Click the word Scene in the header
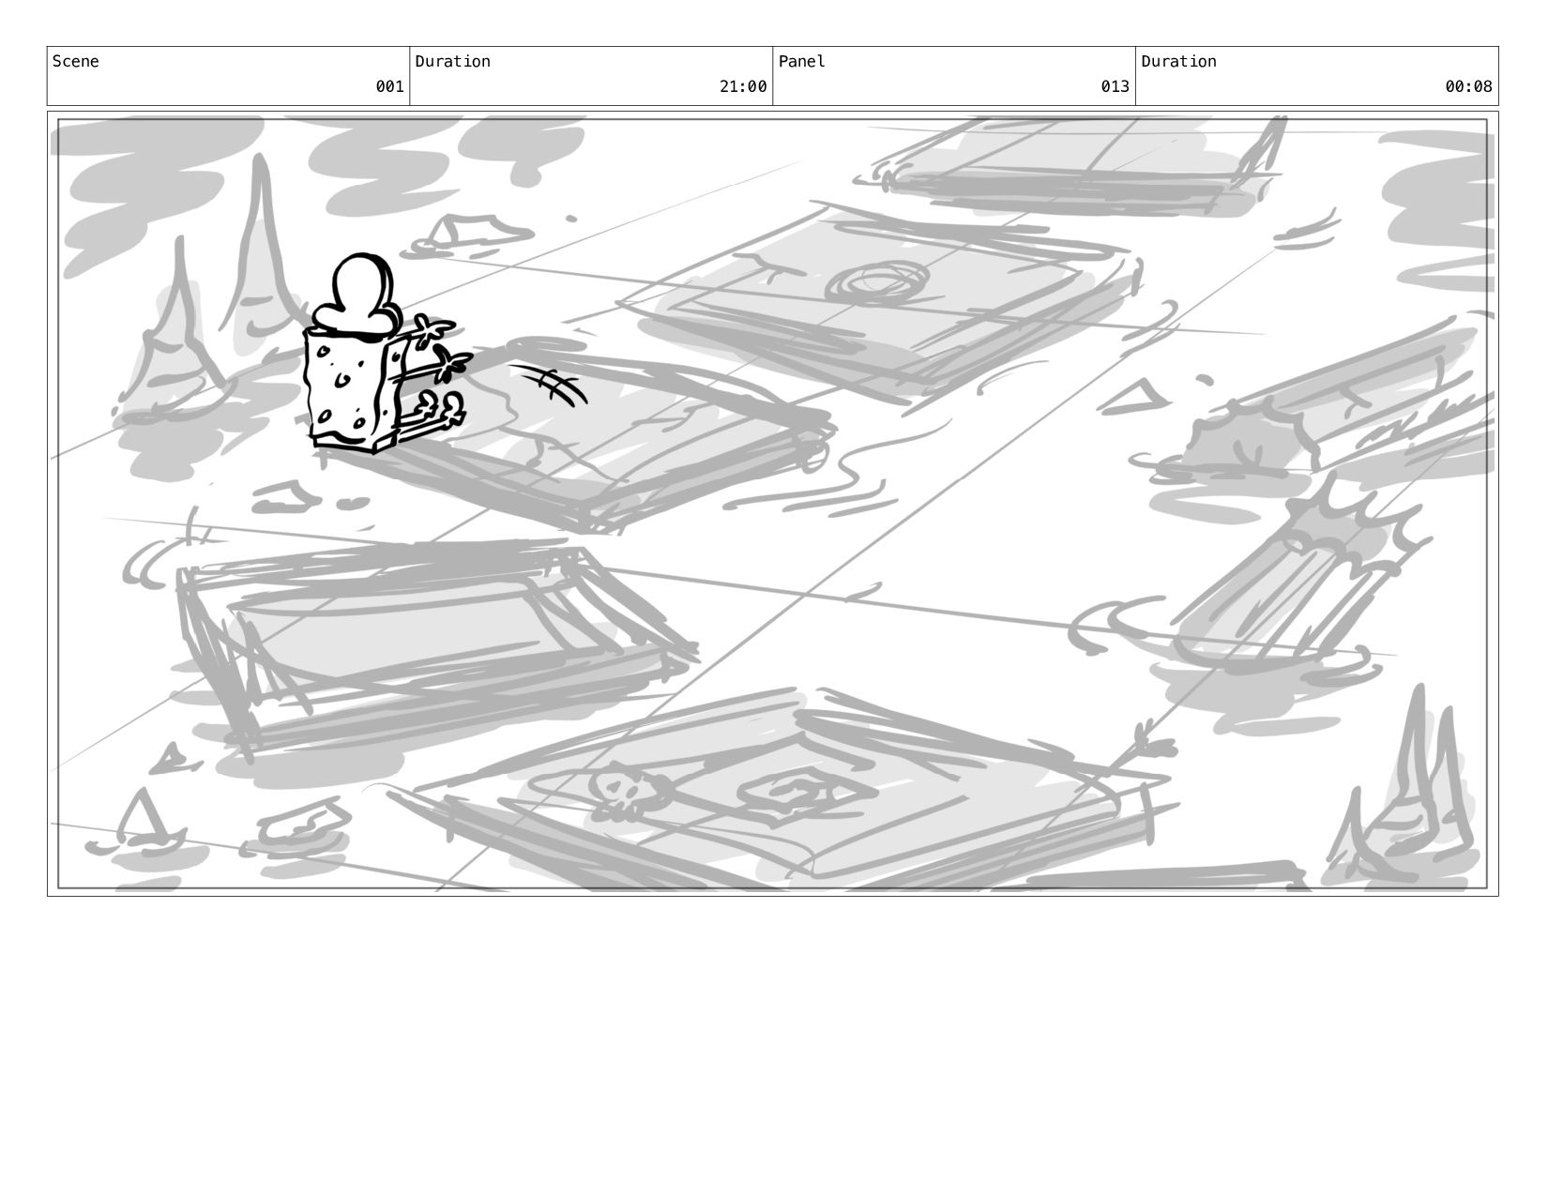pos(75,61)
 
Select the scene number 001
pos(389,86)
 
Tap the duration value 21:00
pos(743,86)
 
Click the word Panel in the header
pos(801,61)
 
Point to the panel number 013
pos(1115,86)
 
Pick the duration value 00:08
pos(1468,86)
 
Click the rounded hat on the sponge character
pos(355,294)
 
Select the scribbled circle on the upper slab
pos(877,282)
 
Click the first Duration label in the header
pos(452,61)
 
